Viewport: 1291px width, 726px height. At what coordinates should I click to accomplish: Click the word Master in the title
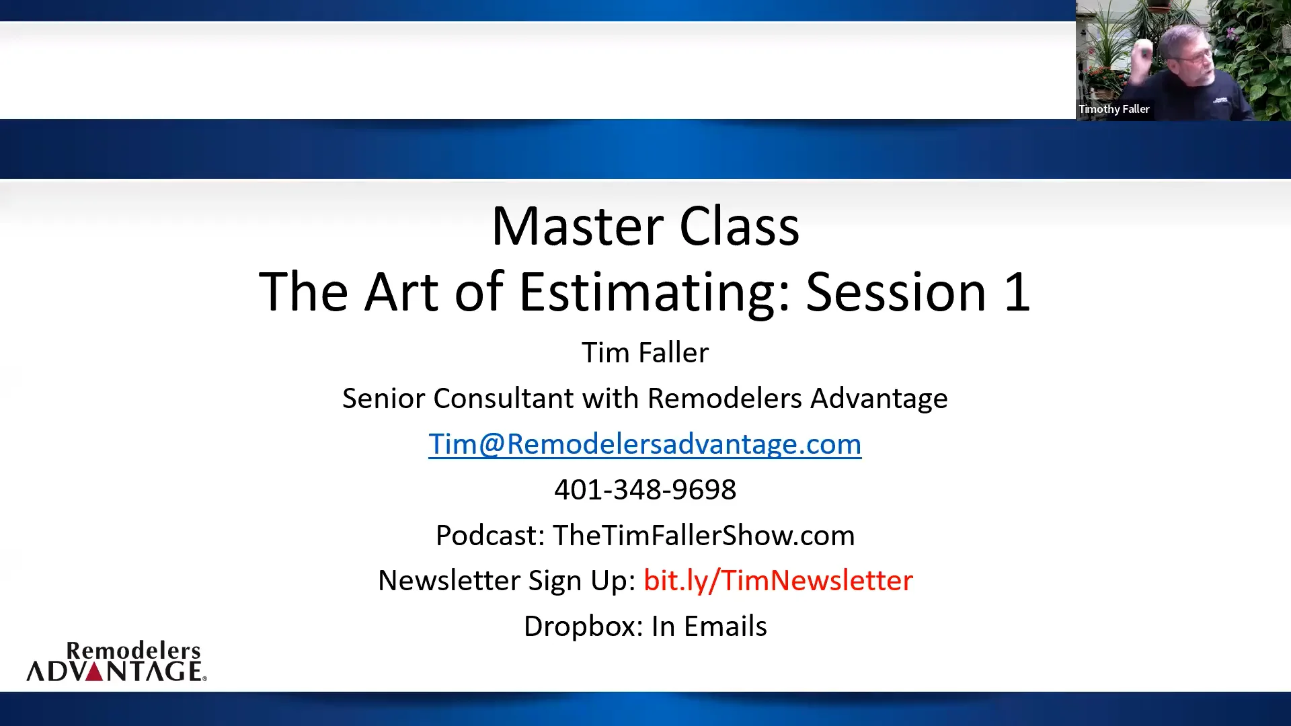click(578, 227)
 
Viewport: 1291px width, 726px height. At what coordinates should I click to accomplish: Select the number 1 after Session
click(1017, 292)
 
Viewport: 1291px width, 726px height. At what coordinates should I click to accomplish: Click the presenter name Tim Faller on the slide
click(645, 352)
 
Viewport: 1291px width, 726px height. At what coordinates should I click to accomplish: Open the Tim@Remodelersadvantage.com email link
click(645, 444)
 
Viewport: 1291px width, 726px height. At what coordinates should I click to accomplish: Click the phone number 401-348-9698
click(645, 489)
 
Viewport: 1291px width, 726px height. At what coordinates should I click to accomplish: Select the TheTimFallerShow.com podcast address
click(703, 535)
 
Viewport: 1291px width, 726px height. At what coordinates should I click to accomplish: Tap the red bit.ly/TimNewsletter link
click(778, 581)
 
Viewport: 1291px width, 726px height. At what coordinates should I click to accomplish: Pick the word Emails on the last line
click(726, 627)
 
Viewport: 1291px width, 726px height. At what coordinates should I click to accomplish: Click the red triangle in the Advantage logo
click(95, 672)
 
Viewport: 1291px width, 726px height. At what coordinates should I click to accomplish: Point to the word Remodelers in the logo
click(134, 651)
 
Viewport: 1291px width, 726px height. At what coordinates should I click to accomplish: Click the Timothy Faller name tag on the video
click(1114, 109)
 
